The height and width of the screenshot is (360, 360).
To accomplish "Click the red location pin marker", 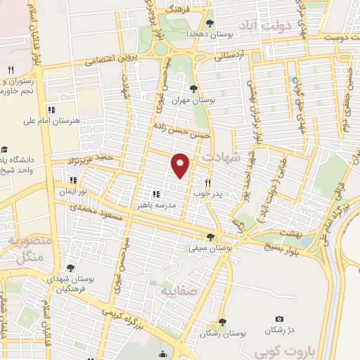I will point(181,165).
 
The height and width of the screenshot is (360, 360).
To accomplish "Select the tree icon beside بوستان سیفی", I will point(210,237).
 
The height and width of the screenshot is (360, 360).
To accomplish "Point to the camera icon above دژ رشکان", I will point(279,319).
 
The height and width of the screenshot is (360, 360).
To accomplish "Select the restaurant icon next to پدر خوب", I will point(207,181).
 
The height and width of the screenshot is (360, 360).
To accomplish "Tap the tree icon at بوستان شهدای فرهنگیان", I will point(70,268).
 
